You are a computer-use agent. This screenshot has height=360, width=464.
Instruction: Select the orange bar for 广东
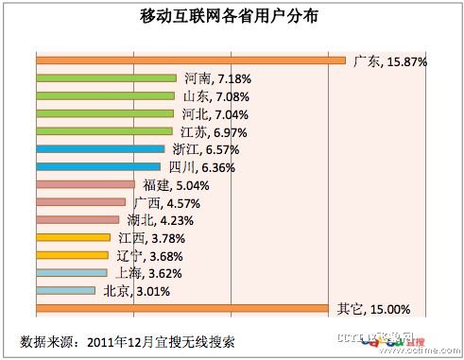[x=190, y=61]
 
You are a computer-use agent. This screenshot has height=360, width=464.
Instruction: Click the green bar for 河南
[x=107, y=78]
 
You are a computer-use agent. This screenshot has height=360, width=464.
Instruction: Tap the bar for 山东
[x=105, y=95]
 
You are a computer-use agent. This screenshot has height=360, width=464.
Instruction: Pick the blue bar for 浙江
[x=100, y=148]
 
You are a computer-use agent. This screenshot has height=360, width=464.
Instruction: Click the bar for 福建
[x=85, y=185]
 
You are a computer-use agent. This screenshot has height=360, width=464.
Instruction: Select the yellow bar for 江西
[x=73, y=237]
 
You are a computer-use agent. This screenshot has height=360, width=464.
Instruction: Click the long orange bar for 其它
[x=183, y=308]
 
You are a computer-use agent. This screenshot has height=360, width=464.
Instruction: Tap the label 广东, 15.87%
[x=389, y=61]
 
